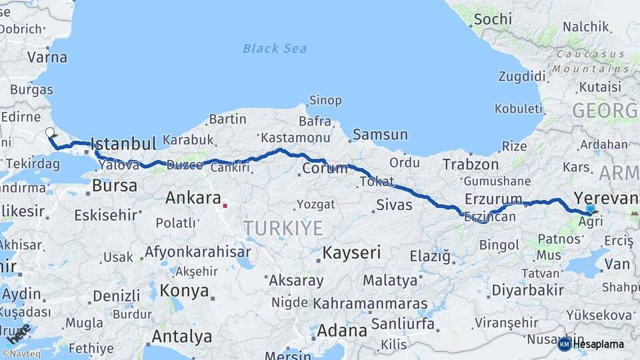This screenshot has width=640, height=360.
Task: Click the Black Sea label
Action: click(275, 48)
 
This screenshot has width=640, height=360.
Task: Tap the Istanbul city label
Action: click(123, 143)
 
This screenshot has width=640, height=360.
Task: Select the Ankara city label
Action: click(193, 198)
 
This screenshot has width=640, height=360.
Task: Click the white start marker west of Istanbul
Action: click(50, 132)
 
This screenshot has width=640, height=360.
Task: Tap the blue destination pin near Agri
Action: click(590, 209)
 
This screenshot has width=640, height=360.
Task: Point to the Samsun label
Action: click(380, 135)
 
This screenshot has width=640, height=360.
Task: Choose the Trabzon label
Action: click(471, 164)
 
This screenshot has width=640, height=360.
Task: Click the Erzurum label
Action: click(493, 199)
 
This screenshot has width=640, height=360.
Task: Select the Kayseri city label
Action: click(351, 253)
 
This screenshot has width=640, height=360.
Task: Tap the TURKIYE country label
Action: click(283, 229)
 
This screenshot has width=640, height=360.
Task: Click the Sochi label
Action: click(493, 19)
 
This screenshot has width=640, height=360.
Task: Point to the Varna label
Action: click(47, 57)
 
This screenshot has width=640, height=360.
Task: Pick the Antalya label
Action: click(182, 336)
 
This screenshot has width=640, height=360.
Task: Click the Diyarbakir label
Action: click(527, 290)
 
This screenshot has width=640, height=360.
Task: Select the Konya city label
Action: click(185, 291)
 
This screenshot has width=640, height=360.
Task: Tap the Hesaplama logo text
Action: click(598, 345)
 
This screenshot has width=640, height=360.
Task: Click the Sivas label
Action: click(395, 205)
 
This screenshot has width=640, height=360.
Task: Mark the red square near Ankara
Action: click(225, 205)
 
